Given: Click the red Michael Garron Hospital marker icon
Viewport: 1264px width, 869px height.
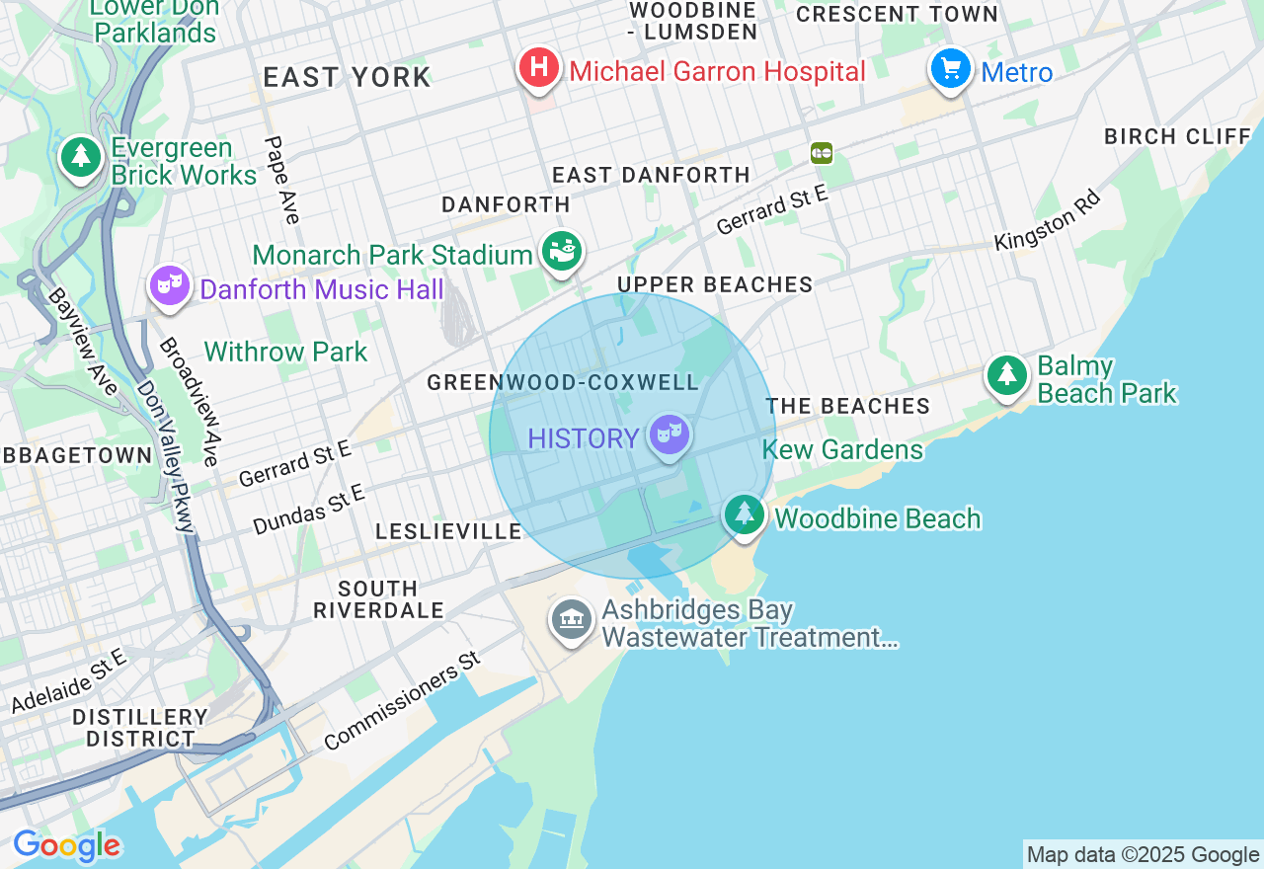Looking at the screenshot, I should (539, 68).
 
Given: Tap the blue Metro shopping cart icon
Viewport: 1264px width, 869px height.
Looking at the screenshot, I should (951, 69).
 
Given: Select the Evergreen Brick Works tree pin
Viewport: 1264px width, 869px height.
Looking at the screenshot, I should (81, 157).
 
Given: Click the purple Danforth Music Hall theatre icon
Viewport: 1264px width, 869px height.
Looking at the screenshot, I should (170, 285).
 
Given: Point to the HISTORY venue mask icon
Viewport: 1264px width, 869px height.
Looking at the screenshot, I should (670, 434).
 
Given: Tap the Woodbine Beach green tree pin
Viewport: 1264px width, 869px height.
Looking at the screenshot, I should (745, 514).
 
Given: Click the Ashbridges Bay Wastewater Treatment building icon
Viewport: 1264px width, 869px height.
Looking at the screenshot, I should (572, 619).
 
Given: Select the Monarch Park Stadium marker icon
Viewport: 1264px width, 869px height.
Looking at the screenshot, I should (562, 251).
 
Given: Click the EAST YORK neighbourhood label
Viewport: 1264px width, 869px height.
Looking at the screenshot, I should (347, 78).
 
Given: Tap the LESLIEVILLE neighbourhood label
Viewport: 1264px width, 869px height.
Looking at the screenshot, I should (448, 532).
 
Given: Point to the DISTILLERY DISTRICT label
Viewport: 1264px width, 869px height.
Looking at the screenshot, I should (140, 728).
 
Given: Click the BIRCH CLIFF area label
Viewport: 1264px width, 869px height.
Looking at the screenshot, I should (1177, 137).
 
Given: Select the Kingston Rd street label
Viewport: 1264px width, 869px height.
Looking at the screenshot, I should (1047, 220).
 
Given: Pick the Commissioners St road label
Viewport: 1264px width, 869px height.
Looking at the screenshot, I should (402, 700).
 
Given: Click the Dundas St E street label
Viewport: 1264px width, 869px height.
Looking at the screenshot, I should (309, 509).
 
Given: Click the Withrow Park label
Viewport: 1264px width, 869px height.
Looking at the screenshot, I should (285, 352).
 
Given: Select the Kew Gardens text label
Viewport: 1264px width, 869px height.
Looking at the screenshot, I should (842, 450).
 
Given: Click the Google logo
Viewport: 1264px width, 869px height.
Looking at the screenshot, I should (67, 846).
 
